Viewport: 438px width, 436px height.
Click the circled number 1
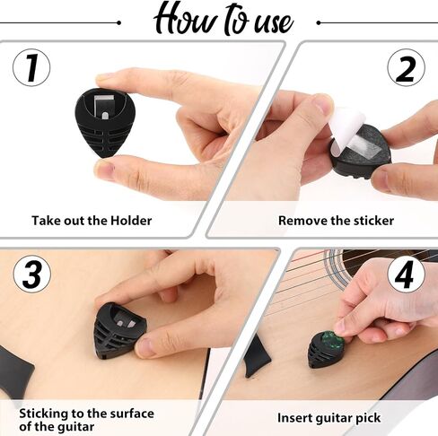click(x=31, y=68)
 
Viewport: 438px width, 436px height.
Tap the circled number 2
click(x=406, y=68)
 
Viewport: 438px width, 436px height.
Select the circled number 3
click(x=32, y=275)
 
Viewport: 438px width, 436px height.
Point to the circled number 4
click(x=406, y=275)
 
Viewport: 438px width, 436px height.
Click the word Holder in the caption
click(x=131, y=221)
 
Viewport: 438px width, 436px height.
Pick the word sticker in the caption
click(x=373, y=221)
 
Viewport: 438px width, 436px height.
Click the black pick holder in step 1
click(x=105, y=123)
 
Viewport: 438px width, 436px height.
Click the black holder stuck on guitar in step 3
click(x=118, y=331)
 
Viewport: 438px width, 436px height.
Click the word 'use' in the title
click(x=274, y=24)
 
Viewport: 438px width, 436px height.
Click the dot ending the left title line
click(x=119, y=22)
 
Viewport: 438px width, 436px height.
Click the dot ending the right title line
click(x=319, y=22)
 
